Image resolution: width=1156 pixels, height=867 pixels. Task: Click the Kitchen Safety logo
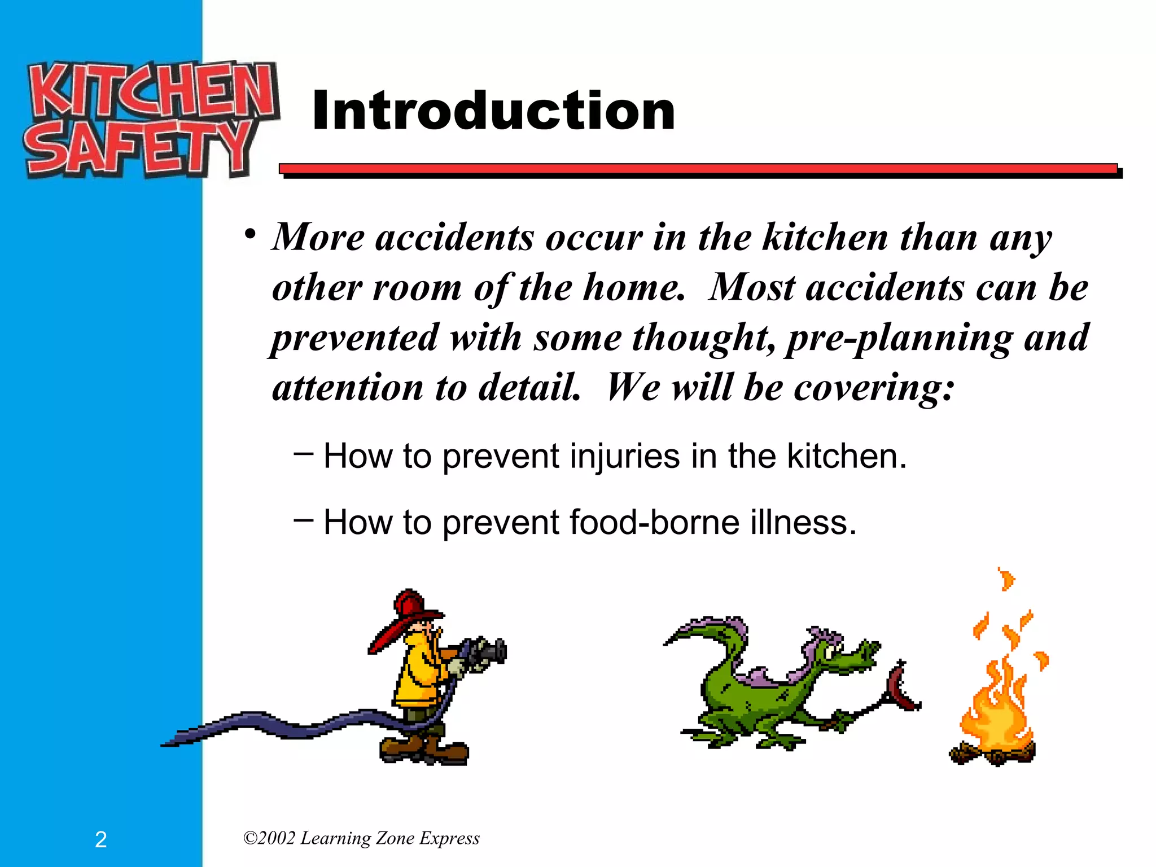click(151, 120)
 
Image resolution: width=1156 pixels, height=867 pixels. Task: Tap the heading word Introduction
click(493, 111)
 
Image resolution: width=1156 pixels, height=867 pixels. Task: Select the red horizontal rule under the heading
click(698, 169)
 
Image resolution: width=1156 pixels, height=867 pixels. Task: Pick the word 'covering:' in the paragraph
click(874, 388)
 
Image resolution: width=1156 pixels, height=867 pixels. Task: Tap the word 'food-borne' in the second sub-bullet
click(654, 522)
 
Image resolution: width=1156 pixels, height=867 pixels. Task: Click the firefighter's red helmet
click(409, 611)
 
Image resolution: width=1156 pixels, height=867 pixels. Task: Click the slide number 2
click(100, 839)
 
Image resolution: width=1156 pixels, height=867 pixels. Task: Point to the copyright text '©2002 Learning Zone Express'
click(361, 838)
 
